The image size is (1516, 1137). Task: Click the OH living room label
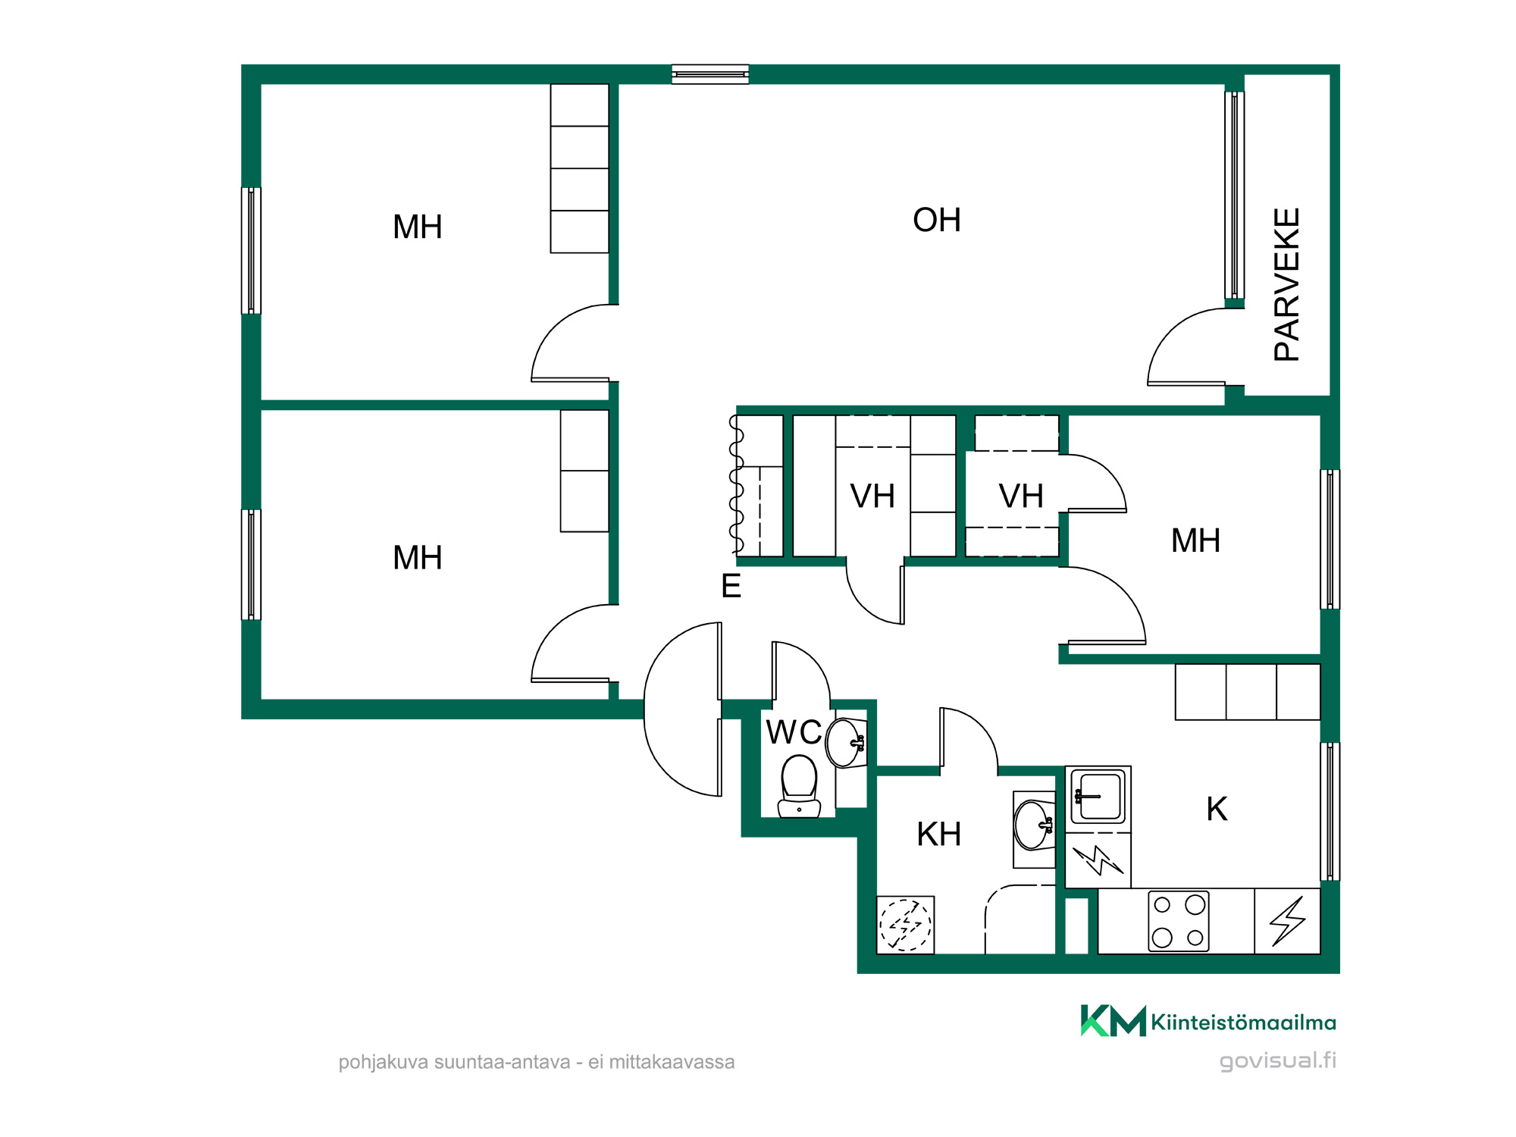[937, 221]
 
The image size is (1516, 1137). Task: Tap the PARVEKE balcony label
[1287, 284]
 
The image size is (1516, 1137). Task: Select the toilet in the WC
[799, 787]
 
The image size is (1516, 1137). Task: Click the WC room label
[794, 732]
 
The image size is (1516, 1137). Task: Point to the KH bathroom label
[938, 835]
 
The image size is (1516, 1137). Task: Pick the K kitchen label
[1217, 810]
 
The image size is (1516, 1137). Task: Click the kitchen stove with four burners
[1179, 921]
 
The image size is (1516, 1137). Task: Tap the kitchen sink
[1098, 797]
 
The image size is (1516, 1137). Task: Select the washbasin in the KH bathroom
[1034, 825]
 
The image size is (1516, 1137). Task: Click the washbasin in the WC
[845, 743]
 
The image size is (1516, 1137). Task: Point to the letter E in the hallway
[731, 586]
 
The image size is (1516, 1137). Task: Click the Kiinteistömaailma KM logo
[1113, 1020]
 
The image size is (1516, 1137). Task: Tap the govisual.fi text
[1277, 1060]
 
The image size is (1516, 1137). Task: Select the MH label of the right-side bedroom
[1195, 541]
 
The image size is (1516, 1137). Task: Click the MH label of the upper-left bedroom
[418, 227]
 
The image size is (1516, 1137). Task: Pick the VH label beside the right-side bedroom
[1021, 496]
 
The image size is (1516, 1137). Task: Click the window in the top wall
[710, 74]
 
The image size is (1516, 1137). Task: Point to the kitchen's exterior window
[1330, 811]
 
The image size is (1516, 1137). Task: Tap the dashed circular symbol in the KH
[905, 925]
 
